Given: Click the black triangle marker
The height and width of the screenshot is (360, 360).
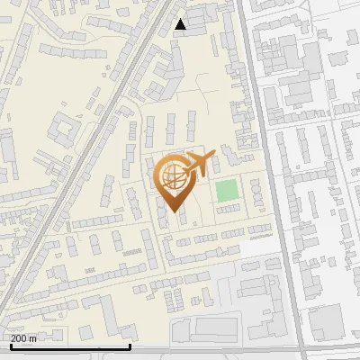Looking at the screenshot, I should pyautogui.click(x=181, y=24).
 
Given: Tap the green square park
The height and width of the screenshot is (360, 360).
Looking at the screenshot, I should pyautogui.click(x=227, y=191).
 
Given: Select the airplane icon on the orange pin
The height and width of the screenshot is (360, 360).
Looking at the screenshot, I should pyautogui.click(x=197, y=163).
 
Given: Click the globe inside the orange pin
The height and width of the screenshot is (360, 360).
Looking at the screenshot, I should pyautogui.click(x=171, y=176).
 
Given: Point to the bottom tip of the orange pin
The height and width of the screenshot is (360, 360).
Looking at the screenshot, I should pyautogui.click(x=172, y=211).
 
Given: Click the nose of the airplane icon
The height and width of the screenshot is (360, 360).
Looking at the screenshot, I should pyautogui.click(x=212, y=155).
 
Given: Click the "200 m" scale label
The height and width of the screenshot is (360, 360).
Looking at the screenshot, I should pyautogui.click(x=23, y=338).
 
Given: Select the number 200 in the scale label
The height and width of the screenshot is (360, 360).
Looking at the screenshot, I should pyautogui.click(x=19, y=338).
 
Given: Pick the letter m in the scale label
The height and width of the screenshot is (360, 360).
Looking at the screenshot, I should pyautogui.click(x=33, y=338).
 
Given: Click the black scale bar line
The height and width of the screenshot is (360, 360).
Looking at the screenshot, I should pyautogui.click(x=70, y=346).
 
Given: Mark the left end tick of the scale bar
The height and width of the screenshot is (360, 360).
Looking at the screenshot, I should pyautogui.click(x=11, y=344).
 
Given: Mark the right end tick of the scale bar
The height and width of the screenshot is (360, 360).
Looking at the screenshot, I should pyautogui.click(x=130, y=344).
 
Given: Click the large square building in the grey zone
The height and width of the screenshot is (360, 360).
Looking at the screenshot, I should pyautogui.click(x=326, y=319).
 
